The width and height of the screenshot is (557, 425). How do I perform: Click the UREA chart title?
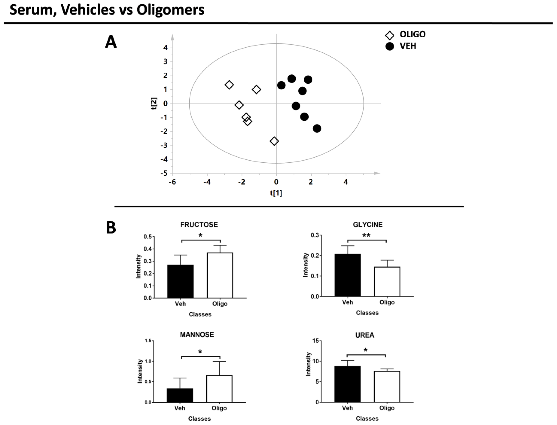click(365, 335)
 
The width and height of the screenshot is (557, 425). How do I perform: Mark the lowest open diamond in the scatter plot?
click(274, 141)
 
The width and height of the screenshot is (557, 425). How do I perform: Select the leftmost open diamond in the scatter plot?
click(229, 85)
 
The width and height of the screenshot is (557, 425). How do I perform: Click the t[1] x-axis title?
click(276, 193)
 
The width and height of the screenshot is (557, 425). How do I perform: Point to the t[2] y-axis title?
click(154, 103)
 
